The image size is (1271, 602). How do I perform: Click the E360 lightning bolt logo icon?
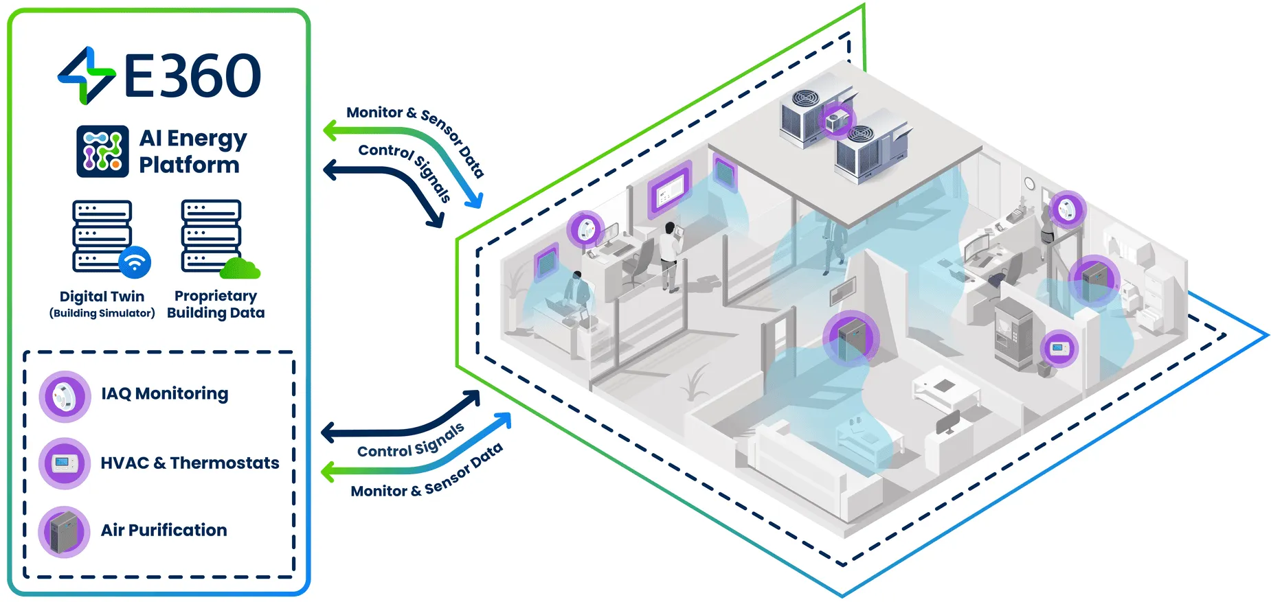[x=86, y=76]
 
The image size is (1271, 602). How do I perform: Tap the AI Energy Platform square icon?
[x=102, y=152]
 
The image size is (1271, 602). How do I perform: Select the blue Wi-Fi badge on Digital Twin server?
[x=135, y=262]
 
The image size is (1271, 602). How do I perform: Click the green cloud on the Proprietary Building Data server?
[x=240, y=268]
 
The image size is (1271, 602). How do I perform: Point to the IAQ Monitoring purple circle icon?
[x=65, y=396]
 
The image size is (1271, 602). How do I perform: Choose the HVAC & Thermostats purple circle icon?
[x=65, y=463]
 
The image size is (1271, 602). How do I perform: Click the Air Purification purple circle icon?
[x=65, y=531]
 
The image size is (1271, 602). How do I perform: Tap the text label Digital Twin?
[x=102, y=297]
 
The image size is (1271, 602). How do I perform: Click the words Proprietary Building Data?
[x=216, y=304]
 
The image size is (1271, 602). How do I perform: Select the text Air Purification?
[x=164, y=530]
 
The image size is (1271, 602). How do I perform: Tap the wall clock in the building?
[x=1028, y=183]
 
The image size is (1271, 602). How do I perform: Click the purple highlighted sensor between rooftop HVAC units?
[x=837, y=121]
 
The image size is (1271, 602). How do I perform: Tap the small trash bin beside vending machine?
[x=1044, y=369]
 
